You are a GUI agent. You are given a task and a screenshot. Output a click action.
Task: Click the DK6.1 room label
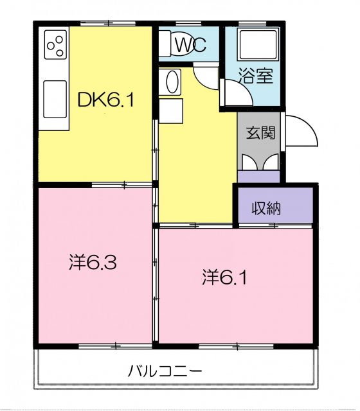tap(105, 100)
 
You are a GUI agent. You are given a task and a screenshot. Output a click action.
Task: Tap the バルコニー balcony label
tap(166, 371)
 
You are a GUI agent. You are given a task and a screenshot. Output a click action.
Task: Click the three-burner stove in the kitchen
tap(55, 46)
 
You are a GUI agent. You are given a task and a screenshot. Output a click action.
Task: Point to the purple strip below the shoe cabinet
tap(258, 177)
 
